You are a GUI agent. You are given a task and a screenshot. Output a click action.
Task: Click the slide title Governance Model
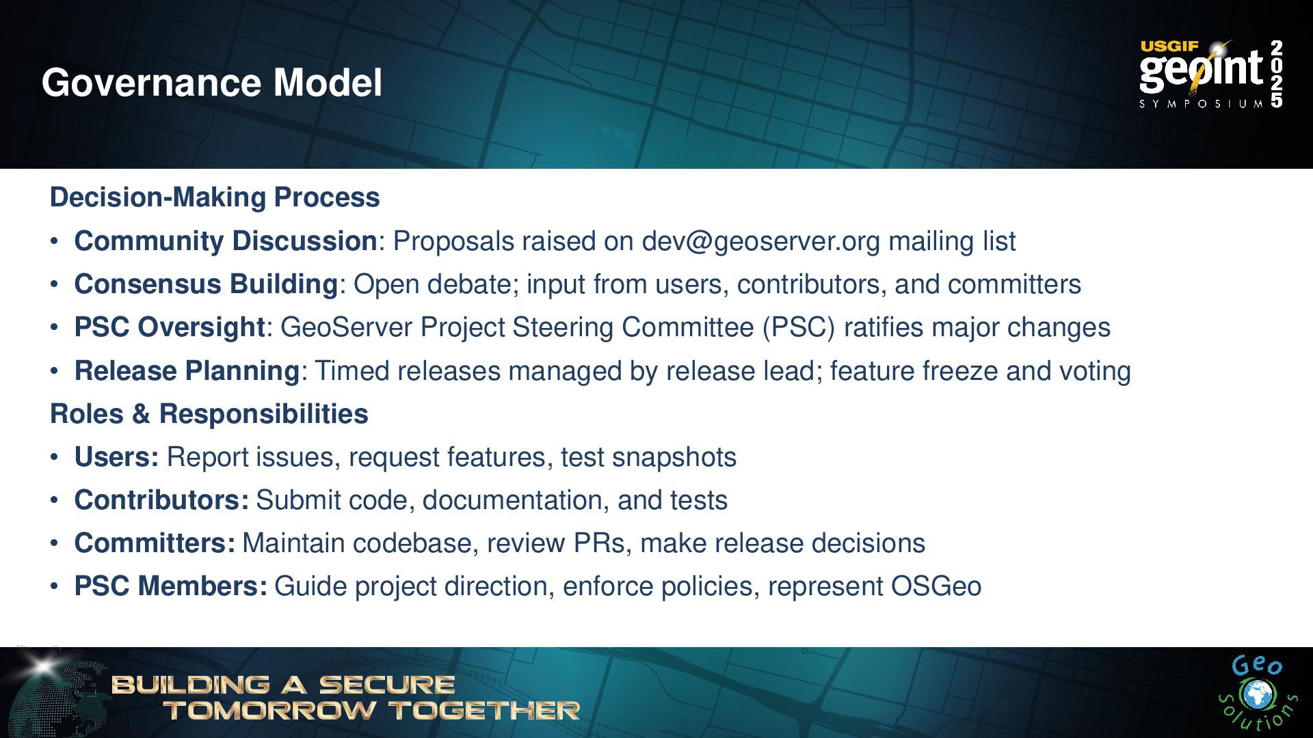[x=212, y=82]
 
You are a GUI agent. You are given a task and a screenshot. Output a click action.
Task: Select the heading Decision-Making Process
[x=215, y=197]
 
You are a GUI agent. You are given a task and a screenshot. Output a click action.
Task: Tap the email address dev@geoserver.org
[x=760, y=241]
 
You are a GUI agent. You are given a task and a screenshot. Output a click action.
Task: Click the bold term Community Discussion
[x=226, y=241]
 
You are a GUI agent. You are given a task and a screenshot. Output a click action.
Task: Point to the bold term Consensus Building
[x=206, y=284]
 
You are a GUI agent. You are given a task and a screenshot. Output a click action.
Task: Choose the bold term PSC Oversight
[x=170, y=327]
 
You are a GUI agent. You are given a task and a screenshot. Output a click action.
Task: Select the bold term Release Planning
[x=187, y=371]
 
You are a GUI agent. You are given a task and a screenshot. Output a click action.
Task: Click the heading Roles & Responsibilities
[x=209, y=414]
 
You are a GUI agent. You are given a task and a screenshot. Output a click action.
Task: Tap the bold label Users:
[x=117, y=457]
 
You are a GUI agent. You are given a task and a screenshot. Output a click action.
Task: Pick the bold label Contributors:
[x=162, y=500]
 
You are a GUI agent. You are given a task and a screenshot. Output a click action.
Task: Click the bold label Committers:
[x=155, y=543]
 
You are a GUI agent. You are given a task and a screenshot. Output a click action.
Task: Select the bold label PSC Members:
[x=171, y=586]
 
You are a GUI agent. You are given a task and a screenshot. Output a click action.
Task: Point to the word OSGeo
[x=936, y=586]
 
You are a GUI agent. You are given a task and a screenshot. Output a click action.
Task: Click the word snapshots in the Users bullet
[x=674, y=458]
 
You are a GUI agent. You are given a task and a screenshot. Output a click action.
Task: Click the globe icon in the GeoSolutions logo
[x=1255, y=696]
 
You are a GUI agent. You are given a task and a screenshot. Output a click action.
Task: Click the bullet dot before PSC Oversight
[x=54, y=328]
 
